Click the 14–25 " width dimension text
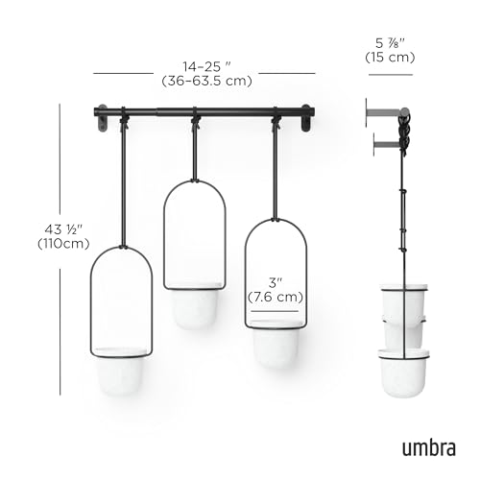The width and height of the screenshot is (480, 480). tap(205, 66)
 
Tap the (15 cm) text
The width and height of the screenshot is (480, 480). tap(389, 58)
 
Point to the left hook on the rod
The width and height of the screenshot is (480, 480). tap(123, 120)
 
